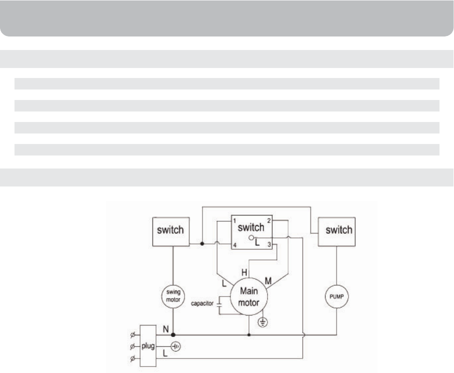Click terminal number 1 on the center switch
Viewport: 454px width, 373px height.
pos(234,221)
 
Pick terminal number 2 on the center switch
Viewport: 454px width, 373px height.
pos(269,221)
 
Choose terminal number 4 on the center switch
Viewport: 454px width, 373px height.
pos(234,245)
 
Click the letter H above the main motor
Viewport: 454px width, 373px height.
pos(244,272)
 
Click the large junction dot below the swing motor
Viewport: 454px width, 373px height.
pos(172,335)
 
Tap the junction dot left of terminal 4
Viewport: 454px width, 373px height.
pos(201,244)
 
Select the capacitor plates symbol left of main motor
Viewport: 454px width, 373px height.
pos(219,304)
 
